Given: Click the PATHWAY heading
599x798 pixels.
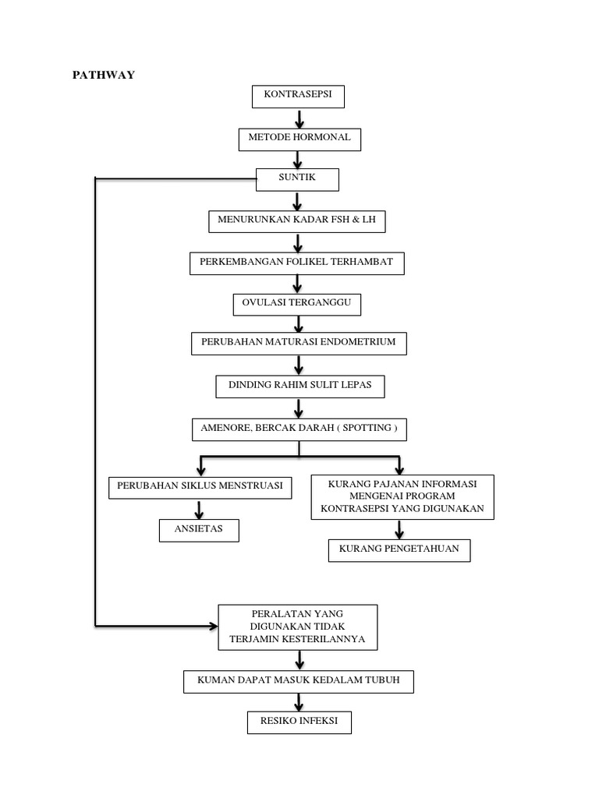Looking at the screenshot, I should coord(104,75).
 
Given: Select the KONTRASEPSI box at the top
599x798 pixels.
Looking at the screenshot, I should coord(298,97).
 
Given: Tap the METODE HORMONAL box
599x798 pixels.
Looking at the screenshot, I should coord(299,139).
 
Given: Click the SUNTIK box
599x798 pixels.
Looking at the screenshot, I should coord(297,179).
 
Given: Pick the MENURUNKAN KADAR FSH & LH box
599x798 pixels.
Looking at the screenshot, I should coord(296,221).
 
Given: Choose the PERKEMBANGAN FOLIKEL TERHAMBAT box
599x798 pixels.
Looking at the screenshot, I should coord(296,263).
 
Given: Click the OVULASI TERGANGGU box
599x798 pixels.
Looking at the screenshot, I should coord(297,304).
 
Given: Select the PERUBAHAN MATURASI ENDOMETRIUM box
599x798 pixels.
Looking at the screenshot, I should coord(299,343).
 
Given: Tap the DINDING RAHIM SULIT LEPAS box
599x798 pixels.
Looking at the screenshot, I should coord(299,386).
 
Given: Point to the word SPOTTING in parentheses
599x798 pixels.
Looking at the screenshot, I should coord(366,428).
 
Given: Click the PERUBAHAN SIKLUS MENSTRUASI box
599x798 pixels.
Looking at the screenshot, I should coord(200,488).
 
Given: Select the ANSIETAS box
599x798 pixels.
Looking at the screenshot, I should coord(199,530).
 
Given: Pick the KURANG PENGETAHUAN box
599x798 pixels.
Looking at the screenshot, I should coord(399,549).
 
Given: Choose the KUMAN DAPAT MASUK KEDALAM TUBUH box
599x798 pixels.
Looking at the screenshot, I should coord(298,681).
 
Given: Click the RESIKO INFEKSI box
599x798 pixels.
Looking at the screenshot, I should coord(299,722).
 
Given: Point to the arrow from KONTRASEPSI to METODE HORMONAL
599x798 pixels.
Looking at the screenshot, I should coord(299,118).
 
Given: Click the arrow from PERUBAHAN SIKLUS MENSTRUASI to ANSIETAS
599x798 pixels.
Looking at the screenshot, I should coord(200,509).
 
